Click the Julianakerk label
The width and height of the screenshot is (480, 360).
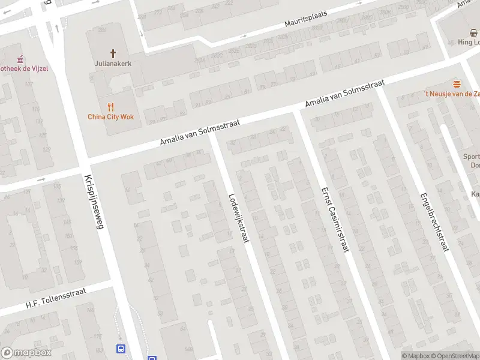tap(112, 63)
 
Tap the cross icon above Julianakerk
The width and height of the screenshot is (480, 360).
tap(112, 53)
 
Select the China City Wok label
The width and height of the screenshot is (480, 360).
tap(111, 117)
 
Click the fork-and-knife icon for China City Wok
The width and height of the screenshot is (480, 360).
tap(110, 107)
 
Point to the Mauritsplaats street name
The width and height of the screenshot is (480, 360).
tap(310, 22)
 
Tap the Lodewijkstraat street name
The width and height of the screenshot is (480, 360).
tap(238, 218)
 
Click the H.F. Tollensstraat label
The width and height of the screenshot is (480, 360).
tap(56, 298)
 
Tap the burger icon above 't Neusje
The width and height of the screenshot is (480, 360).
tap(457, 84)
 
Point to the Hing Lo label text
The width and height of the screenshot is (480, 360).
tap(469, 42)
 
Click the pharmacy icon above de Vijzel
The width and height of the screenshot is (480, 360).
tap(20, 59)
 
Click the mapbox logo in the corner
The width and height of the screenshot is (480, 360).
tap(26, 353)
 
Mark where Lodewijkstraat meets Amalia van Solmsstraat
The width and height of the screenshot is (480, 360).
tap(212, 134)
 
